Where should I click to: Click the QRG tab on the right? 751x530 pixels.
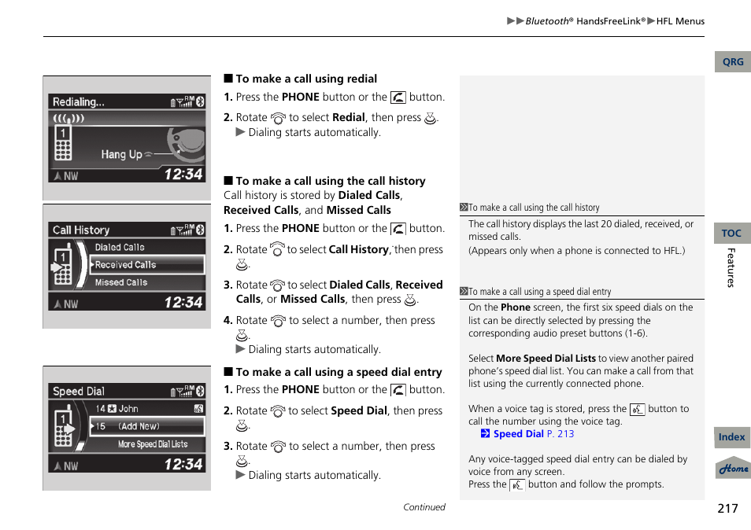click(732, 62)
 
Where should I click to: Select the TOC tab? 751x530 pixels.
click(731, 234)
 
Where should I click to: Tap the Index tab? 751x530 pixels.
click(731, 437)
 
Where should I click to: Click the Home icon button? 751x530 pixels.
click(733, 469)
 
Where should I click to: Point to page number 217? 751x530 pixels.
click(727, 508)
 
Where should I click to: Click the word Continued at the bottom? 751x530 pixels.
click(424, 507)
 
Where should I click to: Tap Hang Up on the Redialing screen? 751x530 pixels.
click(122, 154)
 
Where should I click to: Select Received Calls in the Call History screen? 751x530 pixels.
click(126, 265)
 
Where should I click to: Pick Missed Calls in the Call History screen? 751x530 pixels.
click(121, 282)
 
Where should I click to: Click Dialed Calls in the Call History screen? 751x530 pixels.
click(120, 247)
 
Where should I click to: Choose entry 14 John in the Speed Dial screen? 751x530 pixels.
click(118, 409)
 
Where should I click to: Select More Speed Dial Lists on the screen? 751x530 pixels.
click(153, 444)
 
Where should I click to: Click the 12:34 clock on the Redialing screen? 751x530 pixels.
click(183, 174)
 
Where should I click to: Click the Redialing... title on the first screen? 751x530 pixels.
click(78, 102)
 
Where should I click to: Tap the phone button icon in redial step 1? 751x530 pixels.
click(398, 98)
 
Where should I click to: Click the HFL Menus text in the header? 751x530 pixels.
click(680, 21)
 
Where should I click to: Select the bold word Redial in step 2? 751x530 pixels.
click(348, 118)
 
